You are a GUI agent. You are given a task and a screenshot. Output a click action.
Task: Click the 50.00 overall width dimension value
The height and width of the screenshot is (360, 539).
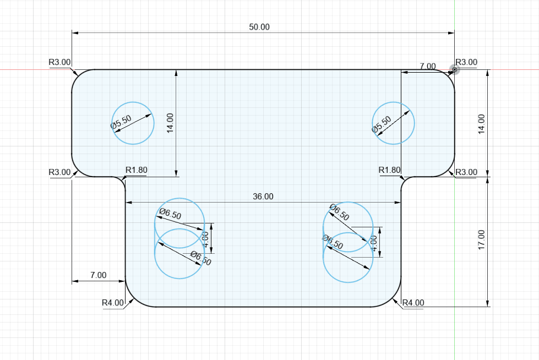tap(259, 27)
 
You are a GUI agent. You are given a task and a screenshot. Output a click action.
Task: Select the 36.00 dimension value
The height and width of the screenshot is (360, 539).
tap(263, 197)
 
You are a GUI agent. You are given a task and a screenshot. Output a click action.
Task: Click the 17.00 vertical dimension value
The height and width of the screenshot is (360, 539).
tap(481, 239)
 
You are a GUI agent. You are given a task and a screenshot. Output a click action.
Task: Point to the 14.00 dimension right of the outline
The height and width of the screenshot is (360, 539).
tap(481, 124)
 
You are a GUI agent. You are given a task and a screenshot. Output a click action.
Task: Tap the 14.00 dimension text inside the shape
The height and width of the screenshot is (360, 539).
tap(170, 123)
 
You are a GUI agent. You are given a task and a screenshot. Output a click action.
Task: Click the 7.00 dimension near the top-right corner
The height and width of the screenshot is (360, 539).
tap(428, 66)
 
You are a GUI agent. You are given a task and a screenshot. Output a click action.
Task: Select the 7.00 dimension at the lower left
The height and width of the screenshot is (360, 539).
tap(99, 275)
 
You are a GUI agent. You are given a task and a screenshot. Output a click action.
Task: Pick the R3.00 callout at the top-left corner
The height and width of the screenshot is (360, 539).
tap(59, 62)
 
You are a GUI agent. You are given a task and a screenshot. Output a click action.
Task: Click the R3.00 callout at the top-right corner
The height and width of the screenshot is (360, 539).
tap(466, 62)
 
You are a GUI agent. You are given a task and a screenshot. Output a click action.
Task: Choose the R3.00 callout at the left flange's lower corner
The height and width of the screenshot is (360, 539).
tap(59, 172)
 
